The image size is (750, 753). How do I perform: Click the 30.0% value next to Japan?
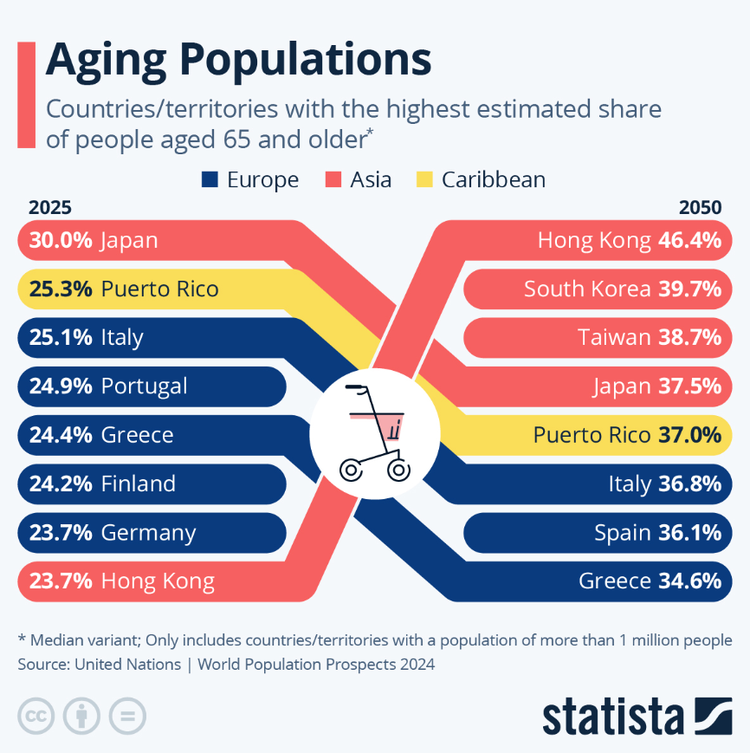(x=60, y=241)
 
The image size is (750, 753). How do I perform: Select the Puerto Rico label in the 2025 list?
(x=159, y=289)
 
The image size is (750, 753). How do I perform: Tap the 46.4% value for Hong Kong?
(x=689, y=241)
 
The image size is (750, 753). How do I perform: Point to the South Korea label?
(x=586, y=289)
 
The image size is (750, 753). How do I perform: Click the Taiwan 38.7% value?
(x=689, y=337)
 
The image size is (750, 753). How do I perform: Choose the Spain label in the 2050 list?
(x=622, y=532)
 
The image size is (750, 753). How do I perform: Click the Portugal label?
(x=144, y=386)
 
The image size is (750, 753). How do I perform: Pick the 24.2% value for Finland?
(x=60, y=484)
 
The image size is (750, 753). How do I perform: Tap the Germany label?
(x=148, y=532)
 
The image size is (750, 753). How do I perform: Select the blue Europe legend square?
(x=210, y=179)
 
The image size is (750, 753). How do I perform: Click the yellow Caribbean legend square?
(x=424, y=179)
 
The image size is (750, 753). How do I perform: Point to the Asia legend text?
(x=371, y=179)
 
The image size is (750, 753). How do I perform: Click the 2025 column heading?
(x=49, y=207)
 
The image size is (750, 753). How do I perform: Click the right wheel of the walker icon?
(x=398, y=470)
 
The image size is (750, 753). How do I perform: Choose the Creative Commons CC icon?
(x=36, y=716)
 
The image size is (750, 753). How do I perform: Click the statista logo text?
(x=612, y=717)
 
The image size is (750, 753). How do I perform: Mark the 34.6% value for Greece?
(x=689, y=581)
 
